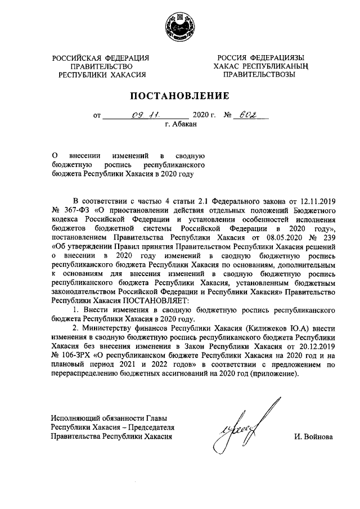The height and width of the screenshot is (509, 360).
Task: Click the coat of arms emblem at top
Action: (180, 26)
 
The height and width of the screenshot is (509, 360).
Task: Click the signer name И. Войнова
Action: (313, 436)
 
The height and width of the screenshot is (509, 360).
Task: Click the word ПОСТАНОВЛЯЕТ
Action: (160, 300)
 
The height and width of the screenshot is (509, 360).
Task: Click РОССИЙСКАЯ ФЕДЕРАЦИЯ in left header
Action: (101, 57)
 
